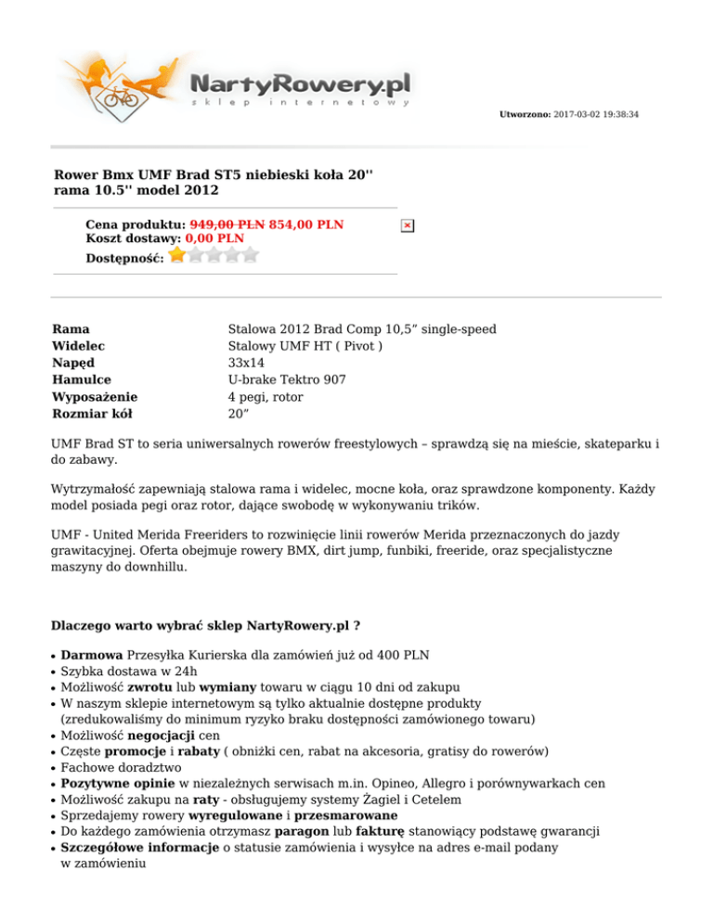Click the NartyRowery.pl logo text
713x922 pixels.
click(300, 84)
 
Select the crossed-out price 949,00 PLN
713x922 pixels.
click(227, 224)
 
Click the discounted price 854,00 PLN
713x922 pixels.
click(306, 224)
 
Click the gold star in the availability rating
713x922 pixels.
click(176, 255)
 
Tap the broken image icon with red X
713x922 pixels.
click(408, 225)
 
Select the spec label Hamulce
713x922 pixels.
click(83, 380)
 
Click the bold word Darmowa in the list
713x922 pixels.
click(91, 653)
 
